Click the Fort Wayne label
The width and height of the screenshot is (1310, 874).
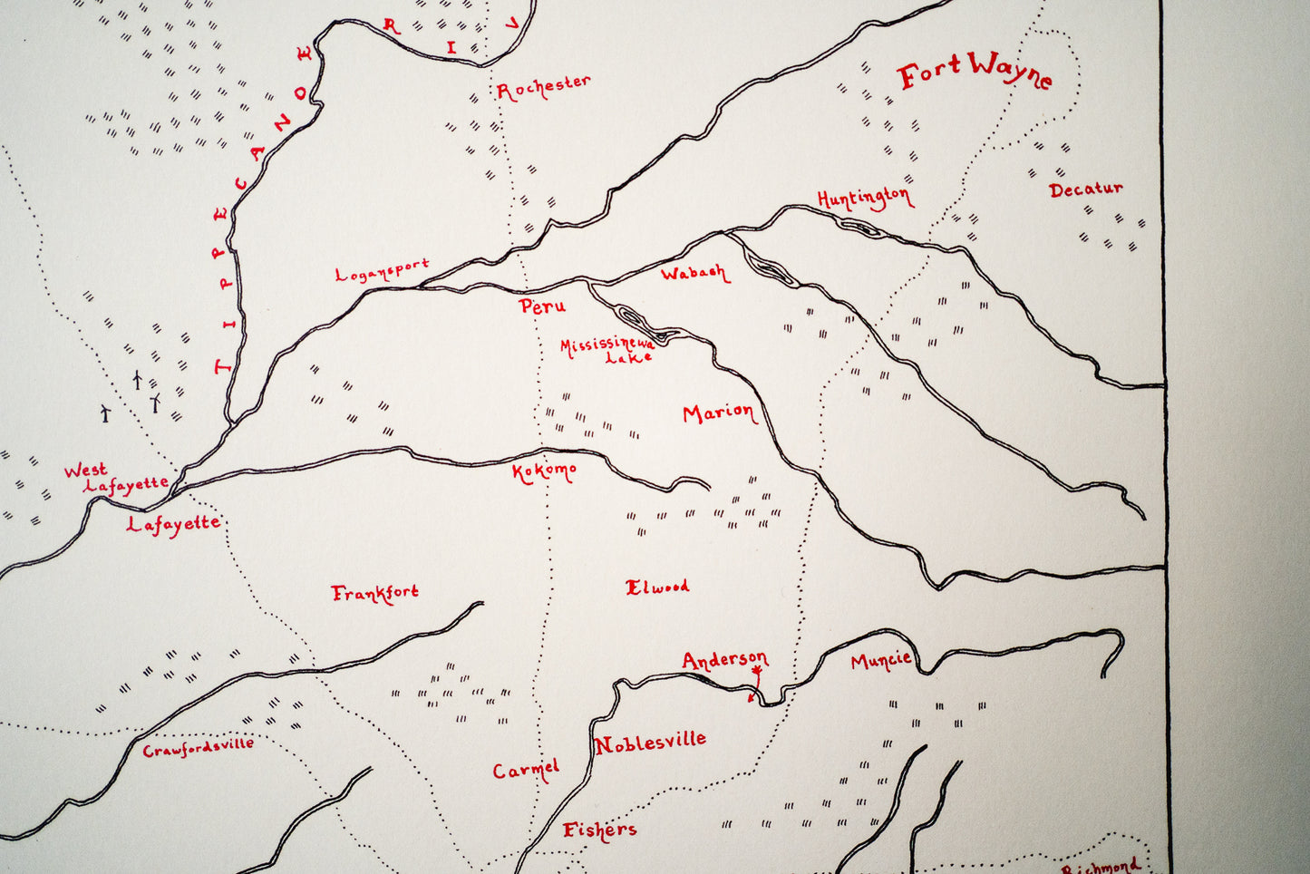(975, 71)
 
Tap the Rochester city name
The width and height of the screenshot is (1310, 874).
(543, 86)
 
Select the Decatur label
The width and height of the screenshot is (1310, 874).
(1085, 189)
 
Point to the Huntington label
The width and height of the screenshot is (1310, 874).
(864, 198)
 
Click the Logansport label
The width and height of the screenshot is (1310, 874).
(382, 270)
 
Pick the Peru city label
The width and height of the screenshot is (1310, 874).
(543, 306)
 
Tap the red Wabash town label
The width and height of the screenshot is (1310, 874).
(694, 273)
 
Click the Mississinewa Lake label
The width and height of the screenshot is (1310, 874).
(607, 349)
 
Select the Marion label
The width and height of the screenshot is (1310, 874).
(718, 413)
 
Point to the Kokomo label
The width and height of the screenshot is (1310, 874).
(544, 471)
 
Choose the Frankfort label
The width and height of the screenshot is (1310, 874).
(374, 593)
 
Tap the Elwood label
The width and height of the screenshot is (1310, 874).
(657, 587)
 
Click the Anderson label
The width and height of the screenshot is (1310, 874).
(724, 659)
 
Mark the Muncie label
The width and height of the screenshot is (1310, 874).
(880, 660)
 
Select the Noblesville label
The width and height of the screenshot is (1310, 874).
(650, 743)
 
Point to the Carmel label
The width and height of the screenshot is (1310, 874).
(526, 770)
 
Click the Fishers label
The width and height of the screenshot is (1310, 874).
(599, 830)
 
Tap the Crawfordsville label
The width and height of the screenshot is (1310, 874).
(198, 747)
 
